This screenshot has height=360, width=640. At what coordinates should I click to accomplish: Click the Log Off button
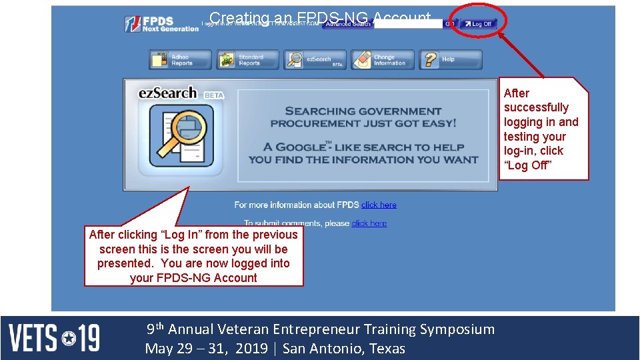click(x=478, y=24)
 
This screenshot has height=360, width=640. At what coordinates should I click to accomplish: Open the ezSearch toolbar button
click(x=315, y=60)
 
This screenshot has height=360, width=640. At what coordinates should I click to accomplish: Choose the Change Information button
click(x=383, y=60)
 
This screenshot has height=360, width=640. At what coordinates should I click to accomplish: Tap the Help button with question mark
click(x=451, y=60)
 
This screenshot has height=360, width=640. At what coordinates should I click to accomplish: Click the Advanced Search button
click(x=347, y=25)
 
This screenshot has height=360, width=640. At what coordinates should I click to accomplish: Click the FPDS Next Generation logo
click(x=161, y=25)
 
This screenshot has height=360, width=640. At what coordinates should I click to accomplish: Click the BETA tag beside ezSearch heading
click(x=214, y=95)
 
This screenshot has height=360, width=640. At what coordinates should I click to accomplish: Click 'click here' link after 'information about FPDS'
click(x=379, y=205)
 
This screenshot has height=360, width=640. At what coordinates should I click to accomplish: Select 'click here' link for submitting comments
click(x=369, y=223)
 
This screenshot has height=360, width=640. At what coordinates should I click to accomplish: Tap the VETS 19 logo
click(x=54, y=338)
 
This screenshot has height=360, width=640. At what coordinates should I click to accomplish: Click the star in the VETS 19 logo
click(x=69, y=339)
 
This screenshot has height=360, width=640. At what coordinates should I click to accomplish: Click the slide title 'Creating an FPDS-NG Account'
click(x=320, y=18)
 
